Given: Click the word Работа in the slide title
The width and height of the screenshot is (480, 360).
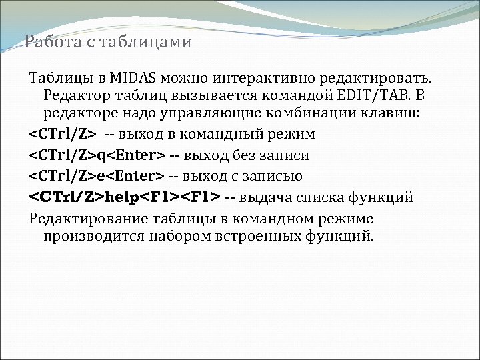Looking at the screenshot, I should pyautogui.click(x=47, y=43).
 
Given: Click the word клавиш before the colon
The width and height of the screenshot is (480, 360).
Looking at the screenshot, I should pyautogui.click(x=393, y=113).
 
